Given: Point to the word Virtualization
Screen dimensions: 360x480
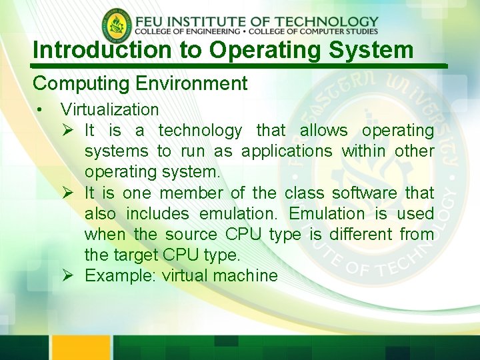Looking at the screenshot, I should click(x=109, y=109).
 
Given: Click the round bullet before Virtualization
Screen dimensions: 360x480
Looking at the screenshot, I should click(x=41, y=110).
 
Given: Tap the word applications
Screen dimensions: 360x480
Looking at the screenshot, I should click(x=287, y=151).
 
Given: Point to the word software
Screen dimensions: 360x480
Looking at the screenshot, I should click(x=363, y=193).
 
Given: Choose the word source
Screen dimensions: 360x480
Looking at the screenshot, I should click(x=191, y=234).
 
